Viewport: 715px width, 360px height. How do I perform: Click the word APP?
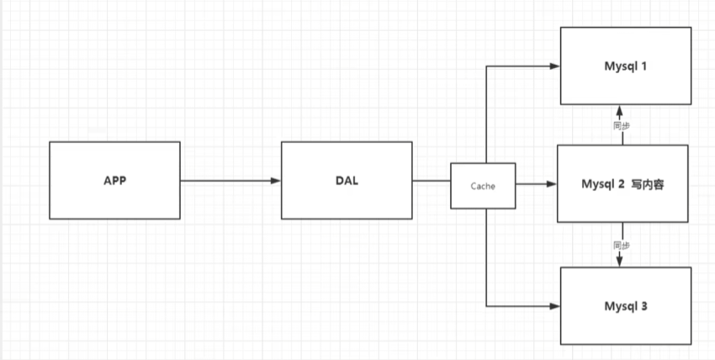(x=114, y=180)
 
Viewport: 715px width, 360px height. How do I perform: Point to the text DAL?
(x=346, y=180)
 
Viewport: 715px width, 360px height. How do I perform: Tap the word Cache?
(x=482, y=185)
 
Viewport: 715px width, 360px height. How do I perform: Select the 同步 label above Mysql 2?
(x=622, y=125)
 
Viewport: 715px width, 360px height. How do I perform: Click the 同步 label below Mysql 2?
(x=622, y=245)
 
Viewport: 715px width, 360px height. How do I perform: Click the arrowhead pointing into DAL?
(x=275, y=180)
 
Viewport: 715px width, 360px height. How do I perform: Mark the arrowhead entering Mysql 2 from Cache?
(x=552, y=184)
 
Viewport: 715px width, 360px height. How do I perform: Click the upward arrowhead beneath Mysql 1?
(x=620, y=110)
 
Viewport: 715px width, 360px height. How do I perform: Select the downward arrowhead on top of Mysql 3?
(x=620, y=262)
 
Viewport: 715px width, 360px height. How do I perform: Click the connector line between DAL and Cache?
(x=431, y=180)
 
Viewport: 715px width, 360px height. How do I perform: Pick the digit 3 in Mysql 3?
(x=644, y=306)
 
